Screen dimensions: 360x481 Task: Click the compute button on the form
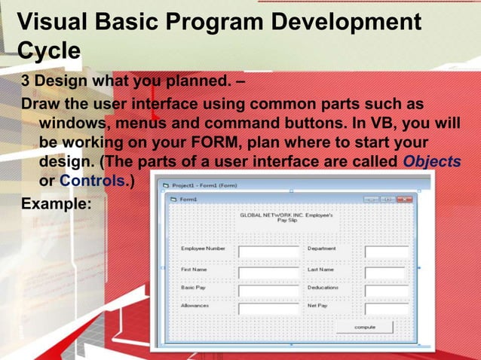pos(365,328)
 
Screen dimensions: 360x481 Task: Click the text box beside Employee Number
pos(269,252)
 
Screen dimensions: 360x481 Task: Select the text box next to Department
pos(387,252)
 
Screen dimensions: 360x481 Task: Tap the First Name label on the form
pos(195,269)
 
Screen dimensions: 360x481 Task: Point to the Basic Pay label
pos(195,288)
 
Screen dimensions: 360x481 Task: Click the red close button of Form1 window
pos(403,200)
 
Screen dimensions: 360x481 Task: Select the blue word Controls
pos(92,181)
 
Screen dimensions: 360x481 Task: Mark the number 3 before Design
pos(26,81)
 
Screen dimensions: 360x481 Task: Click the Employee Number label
pos(202,248)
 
